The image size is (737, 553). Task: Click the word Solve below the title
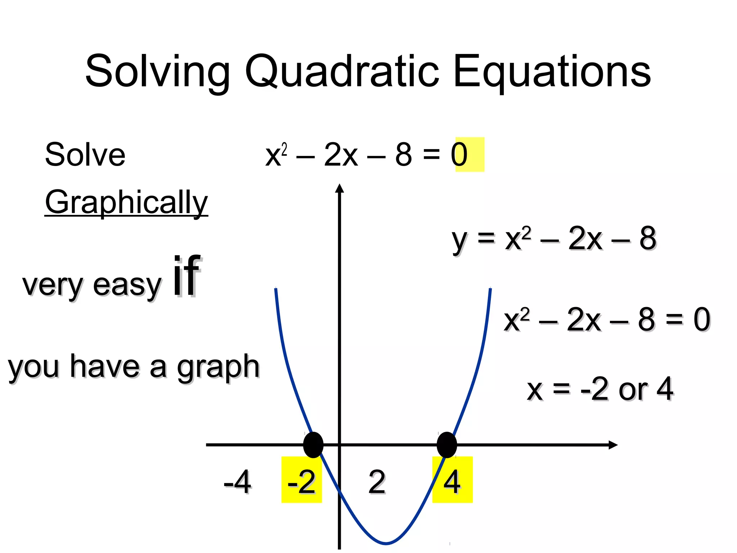click(85, 155)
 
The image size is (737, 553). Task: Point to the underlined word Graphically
click(126, 202)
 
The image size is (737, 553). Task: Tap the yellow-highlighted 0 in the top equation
click(460, 155)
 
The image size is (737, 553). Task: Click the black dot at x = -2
click(313, 445)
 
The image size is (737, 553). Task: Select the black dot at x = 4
click(447, 445)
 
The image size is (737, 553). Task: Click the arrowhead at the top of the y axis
click(339, 188)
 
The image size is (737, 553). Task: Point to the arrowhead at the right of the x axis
click(613, 445)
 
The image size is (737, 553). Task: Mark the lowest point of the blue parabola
click(386, 543)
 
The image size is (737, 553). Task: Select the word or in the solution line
click(633, 390)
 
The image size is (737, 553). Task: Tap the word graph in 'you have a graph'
click(218, 367)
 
